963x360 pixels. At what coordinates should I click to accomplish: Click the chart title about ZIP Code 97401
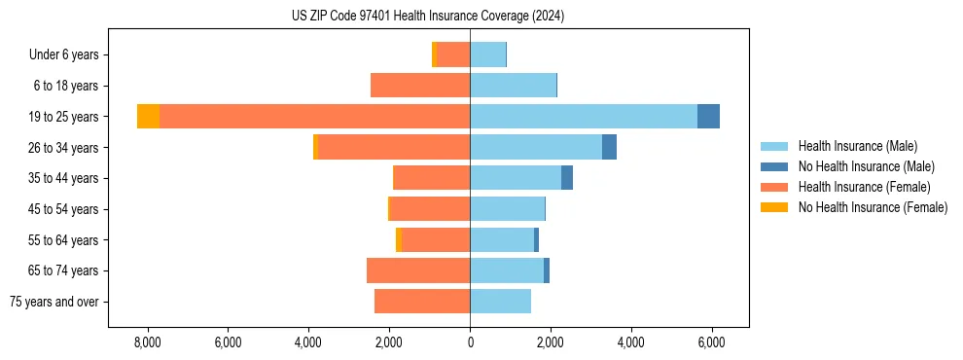[427, 17]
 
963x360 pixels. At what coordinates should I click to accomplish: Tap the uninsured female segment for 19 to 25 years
[148, 117]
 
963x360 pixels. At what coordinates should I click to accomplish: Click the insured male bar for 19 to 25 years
[583, 117]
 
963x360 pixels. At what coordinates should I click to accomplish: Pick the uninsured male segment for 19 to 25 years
[708, 117]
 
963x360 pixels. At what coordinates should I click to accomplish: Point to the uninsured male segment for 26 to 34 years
[609, 148]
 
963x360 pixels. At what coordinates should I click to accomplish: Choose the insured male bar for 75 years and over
[500, 302]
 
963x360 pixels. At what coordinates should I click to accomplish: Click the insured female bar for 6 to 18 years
[420, 86]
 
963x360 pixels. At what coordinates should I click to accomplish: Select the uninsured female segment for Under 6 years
[434, 55]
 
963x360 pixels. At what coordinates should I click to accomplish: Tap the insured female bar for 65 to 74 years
[418, 270]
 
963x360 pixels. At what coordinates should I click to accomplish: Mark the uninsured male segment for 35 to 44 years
[567, 178]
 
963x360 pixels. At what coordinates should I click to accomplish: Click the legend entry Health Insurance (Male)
[857, 146]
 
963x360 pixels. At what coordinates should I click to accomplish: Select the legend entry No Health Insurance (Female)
[873, 207]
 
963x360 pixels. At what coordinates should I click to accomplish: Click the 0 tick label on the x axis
[470, 342]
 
